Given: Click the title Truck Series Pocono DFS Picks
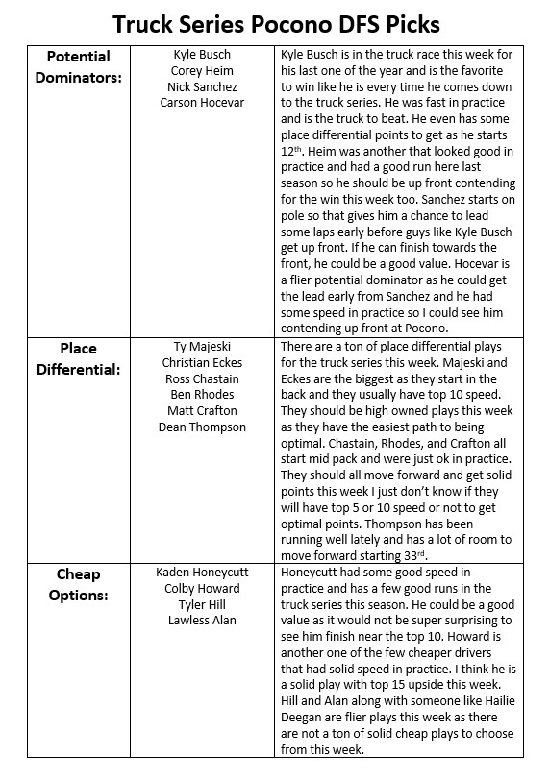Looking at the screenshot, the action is (275, 22).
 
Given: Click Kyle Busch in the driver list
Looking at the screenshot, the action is (202, 55).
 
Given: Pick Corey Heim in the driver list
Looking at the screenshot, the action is (202, 71).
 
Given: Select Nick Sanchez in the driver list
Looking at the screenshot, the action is (202, 86).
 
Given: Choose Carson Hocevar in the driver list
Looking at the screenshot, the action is (202, 103).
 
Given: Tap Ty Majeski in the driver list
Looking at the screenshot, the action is (202, 347).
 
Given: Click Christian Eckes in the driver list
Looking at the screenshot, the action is (202, 363).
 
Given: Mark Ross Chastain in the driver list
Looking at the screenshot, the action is (202, 378).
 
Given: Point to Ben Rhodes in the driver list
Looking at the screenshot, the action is (202, 395).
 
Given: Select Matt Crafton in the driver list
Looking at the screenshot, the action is (202, 411).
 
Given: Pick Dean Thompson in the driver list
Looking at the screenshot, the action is (202, 427).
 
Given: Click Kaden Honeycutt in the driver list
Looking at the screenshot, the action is (202, 573).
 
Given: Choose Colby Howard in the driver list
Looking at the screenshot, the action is (202, 589).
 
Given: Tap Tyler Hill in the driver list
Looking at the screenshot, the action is (202, 604).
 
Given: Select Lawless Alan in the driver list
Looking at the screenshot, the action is (202, 621).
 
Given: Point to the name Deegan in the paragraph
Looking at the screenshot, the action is (304, 717).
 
